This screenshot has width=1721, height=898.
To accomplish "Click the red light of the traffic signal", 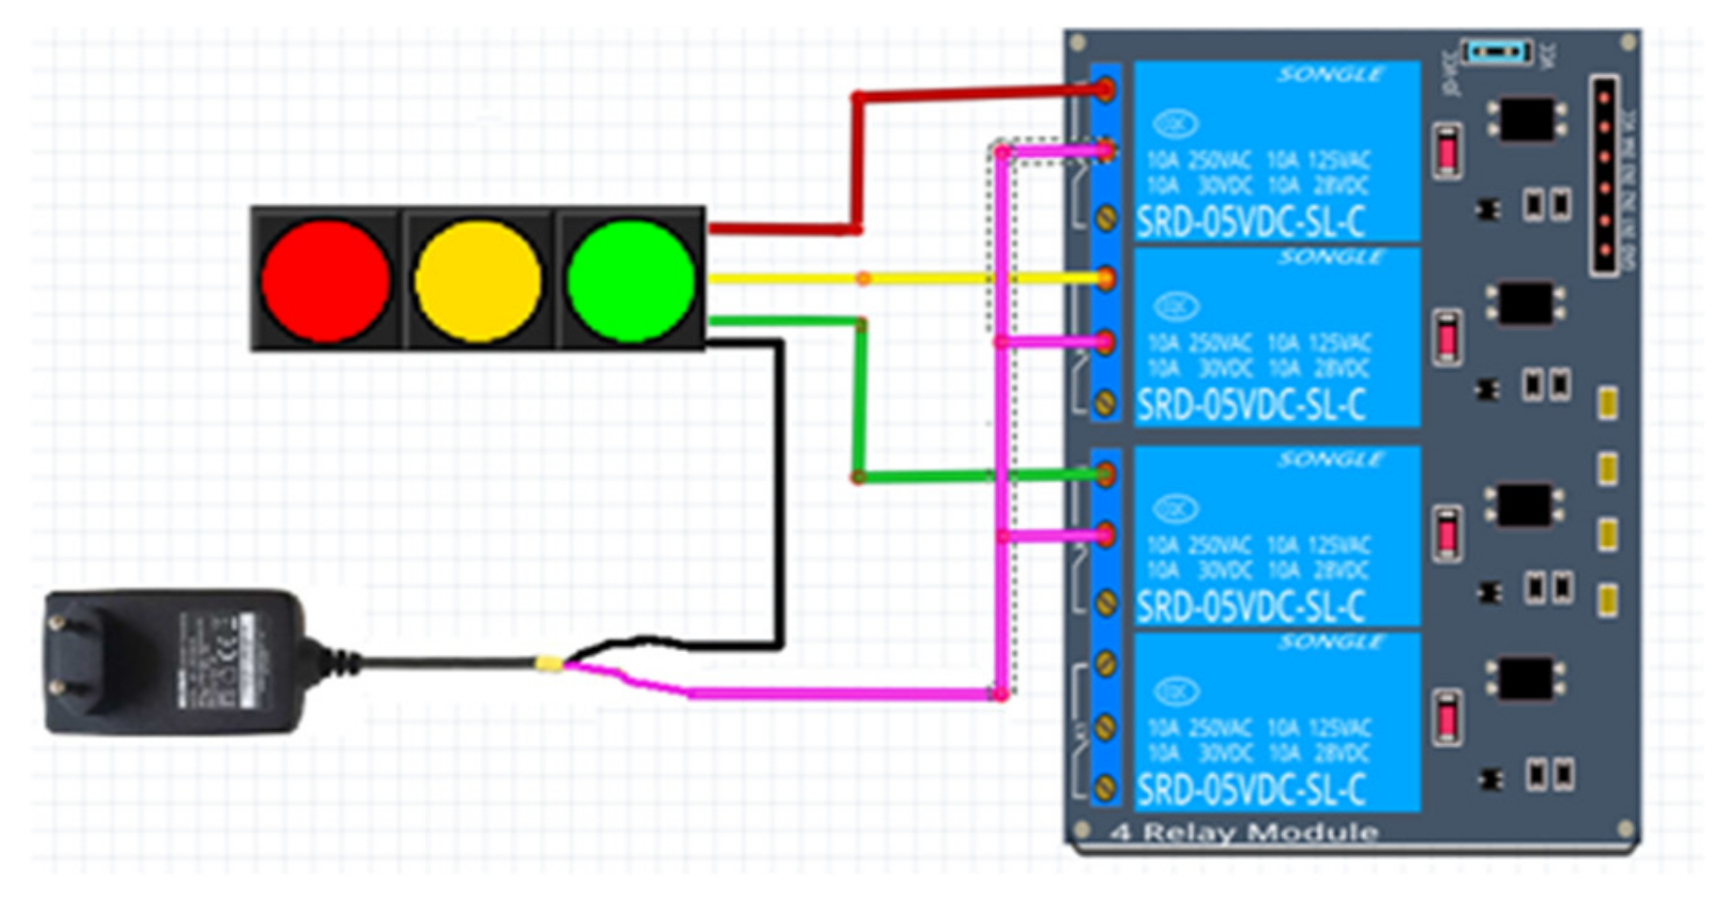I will [325, 280].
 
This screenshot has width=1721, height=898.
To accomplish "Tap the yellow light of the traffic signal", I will [477, 280].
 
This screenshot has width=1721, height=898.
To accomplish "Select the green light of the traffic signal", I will [629, 280].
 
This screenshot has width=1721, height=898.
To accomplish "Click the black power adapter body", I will [176, 661].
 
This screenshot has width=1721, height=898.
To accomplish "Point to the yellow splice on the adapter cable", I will [549, 665].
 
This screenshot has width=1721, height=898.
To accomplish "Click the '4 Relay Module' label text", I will [1245, 833].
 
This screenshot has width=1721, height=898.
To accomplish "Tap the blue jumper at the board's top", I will [1497, 52].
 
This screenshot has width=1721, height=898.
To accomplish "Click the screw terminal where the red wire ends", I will [1105, 90].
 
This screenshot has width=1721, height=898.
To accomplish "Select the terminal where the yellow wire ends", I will [1105, 279].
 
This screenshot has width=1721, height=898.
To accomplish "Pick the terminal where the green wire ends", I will [1105, 475].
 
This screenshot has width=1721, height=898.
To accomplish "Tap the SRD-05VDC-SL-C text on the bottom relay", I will [1251, 789].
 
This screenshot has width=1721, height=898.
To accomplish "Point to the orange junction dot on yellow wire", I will [863, 279].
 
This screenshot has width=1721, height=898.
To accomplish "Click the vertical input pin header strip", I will [1604, 176].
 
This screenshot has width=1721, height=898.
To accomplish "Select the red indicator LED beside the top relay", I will [1448, 151].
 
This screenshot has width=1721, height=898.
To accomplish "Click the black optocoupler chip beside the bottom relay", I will [1525, 678].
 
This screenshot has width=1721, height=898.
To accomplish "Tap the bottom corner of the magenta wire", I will [1000, 694].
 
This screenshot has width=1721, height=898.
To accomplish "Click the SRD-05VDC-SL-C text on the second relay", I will [1251, 404].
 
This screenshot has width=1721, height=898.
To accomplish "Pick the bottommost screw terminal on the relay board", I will [1105, 788].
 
